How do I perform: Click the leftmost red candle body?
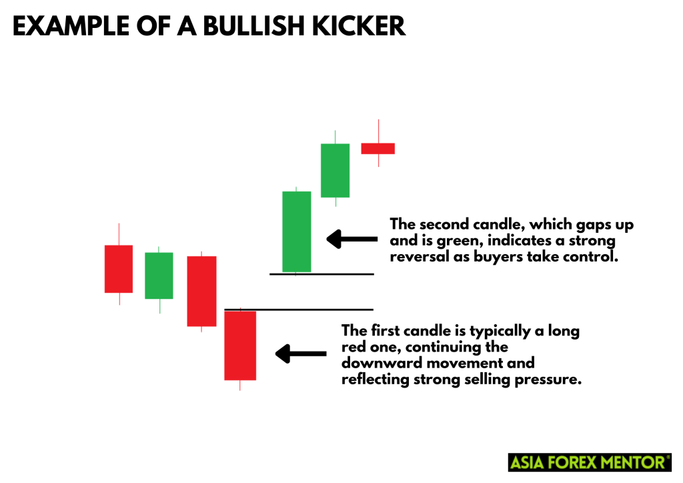(x=118, y=269)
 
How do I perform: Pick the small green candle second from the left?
(x=159, y=276)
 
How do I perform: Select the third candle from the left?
(x=201, y=291)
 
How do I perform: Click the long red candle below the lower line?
(x=239, y=345)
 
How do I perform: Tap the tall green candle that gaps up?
(x=296, y=231)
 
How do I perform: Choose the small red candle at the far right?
(x=378, y=148)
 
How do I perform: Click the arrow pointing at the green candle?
(x=351, y=239)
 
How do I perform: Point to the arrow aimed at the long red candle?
(x=301, y=354)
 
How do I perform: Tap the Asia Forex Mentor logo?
(x=590, y=462)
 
